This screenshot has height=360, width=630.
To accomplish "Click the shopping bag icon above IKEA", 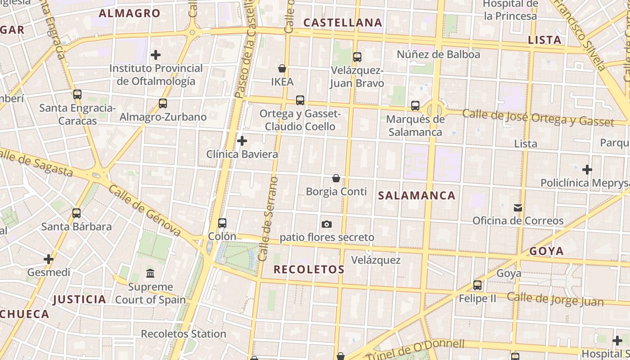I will [282, 68].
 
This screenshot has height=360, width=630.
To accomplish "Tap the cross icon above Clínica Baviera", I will [242, 141].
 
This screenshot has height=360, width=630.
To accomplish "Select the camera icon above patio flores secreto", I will [327, 224].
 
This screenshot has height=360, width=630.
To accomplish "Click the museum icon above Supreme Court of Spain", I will [150, 273].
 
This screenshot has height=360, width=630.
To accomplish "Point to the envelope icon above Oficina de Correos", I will [518, 208].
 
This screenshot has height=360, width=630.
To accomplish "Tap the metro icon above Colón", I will [222, 223].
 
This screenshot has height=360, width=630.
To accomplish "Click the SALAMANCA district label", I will [417, 195].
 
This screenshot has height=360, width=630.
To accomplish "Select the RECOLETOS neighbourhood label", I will [309, 270].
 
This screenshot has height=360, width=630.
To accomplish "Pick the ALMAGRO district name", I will [130, 13].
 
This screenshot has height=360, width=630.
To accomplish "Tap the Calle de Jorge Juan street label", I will [555, 299].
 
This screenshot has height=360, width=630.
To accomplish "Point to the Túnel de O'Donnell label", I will [415, 350].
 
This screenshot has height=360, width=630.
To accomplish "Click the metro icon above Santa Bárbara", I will [76, 213].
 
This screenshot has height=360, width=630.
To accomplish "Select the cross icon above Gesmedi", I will [49, 259].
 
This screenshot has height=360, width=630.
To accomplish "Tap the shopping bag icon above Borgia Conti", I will [336, 178].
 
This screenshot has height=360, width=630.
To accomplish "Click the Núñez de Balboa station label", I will [438, 54].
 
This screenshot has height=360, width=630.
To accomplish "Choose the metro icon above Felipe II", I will [477, 285].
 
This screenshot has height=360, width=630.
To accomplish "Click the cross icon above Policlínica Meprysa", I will [587, 170].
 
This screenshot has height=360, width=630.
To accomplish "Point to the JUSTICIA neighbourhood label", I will [79, 299].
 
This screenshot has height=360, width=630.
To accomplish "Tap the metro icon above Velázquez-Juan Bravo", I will [357, 57].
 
